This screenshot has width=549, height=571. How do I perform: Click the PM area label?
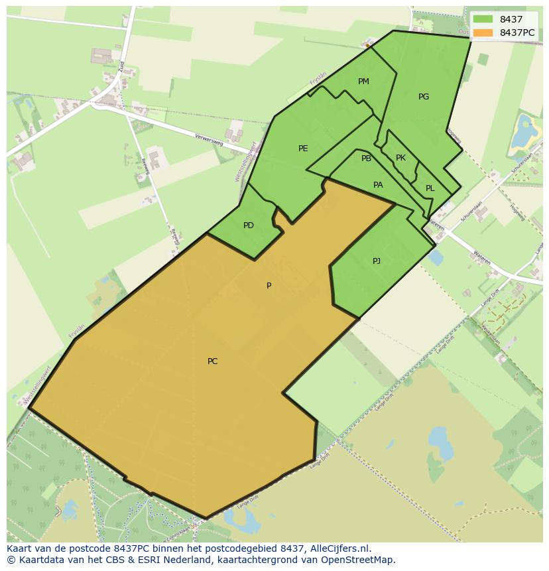[363, 82]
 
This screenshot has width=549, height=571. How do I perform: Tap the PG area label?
[424, 97]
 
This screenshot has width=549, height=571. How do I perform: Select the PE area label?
[303, 149]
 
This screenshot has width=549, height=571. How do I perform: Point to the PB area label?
[366, 159]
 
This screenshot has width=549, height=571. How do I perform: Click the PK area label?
[400, 158]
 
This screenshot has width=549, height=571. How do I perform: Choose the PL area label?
[430, 188]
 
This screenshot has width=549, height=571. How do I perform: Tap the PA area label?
[378, 185]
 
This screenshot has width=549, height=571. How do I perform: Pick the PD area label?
[249, 225]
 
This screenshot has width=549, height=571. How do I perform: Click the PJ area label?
[377, 261]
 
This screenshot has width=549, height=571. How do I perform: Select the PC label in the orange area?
[212, 361]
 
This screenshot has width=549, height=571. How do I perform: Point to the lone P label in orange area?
[269, 286]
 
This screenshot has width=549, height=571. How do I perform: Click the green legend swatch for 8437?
[483, 19]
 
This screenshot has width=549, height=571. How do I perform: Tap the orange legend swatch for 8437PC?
[483, 32]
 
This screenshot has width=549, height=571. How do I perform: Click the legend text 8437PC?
[517, 32]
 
